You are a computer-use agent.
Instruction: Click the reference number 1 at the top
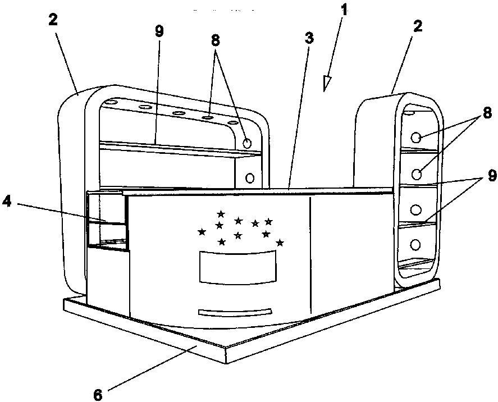coord(343,11)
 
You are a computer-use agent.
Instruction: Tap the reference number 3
coord(309,38)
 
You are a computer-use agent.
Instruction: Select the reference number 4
coord(6,202)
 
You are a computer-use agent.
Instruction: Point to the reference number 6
coord(98,395)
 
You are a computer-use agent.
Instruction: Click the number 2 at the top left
coord(53,20)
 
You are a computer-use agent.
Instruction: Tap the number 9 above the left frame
coord(159,31)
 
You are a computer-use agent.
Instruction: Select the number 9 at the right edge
coord(492,175)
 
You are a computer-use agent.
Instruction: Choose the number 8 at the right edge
coord(487,113)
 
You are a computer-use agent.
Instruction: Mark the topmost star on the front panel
coord(221,214)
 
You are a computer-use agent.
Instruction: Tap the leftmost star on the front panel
coord(202,232)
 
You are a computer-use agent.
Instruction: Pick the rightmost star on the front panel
coord(280,243)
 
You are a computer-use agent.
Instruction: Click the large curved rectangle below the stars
coord(238,267)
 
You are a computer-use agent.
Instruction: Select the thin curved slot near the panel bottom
coord(235,312)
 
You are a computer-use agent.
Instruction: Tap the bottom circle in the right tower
coord(415,244)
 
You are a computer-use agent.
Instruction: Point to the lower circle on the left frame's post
coord(250,178)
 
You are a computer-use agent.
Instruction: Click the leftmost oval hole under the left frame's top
coord(112,103)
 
